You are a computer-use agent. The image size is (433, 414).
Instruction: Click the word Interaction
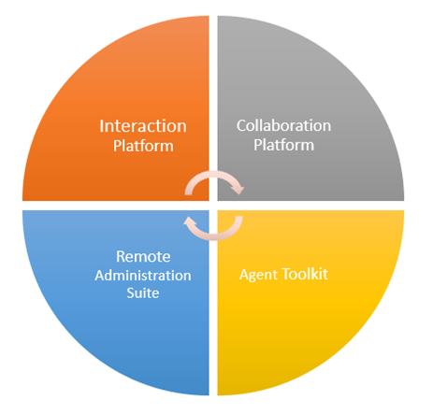[x=143, y=126]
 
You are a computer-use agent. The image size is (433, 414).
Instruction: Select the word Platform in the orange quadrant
[x=143, y=146]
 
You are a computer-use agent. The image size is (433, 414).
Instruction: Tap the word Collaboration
[x=283, y=125]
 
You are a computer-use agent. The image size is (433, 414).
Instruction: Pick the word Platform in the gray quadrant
[x=283, y=145]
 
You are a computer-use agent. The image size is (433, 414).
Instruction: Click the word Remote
[x=143, y=257]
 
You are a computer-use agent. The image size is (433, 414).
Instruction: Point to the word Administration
[x=143, y=276]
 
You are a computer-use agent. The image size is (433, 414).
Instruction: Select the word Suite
[x=143, y=293]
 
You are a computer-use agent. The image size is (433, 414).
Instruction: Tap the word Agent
[x=258, y=276]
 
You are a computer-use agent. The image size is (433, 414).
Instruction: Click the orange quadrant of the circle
[x=124, y=93]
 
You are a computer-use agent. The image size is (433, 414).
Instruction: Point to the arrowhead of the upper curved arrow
[x=238, y=190]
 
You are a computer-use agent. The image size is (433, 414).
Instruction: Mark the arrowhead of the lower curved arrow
[x=189, y=221]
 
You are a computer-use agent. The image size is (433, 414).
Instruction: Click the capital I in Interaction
[x=101, y=126]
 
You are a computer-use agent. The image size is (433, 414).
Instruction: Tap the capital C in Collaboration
[x=240, y=126]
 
